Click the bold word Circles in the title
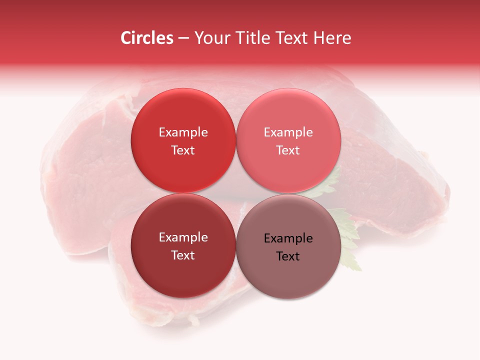pos(147,38)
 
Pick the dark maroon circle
pos(183,275)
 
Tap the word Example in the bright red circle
pos(183,132)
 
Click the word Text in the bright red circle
pos(183,150)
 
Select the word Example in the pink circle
pos(288,132)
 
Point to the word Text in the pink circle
pos(288,150)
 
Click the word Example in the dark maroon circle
pos(183,237)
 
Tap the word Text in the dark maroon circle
pos(183,255)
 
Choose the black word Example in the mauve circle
pos(288,238)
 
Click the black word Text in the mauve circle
pos(288,256)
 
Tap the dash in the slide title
pos(183,38)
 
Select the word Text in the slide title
pos(293,38)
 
